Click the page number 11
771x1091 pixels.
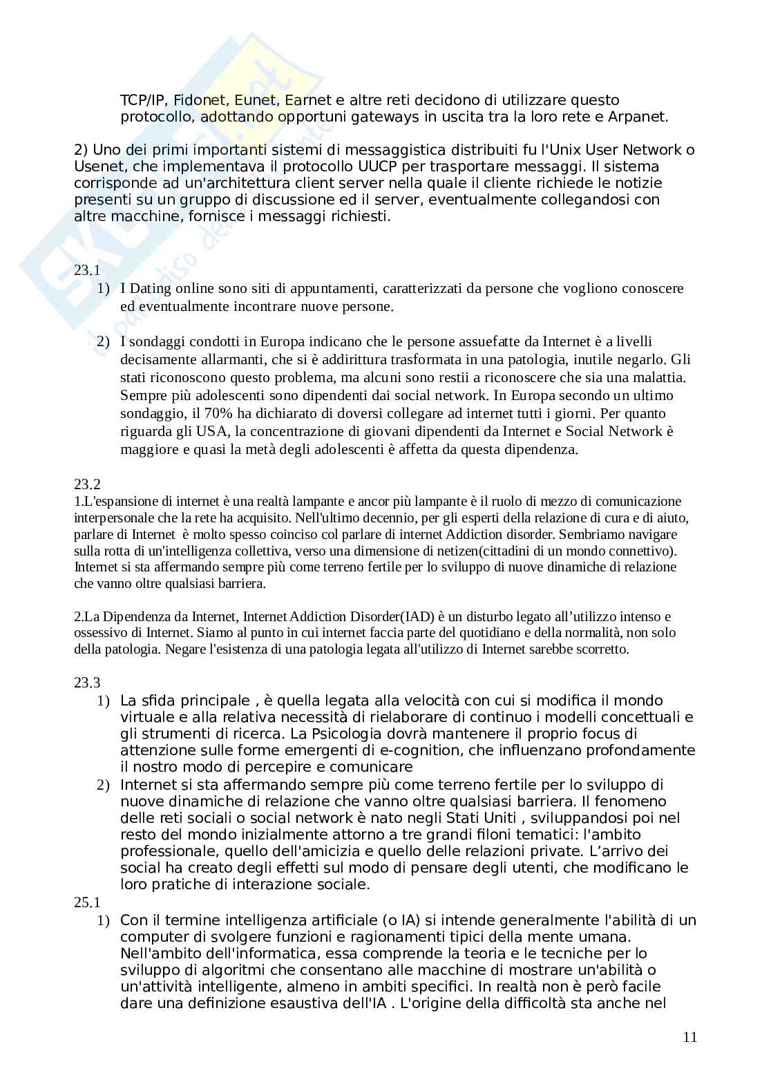(x=689, y=1037)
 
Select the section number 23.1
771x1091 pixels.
(x=87, y=271)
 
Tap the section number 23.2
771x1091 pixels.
(x=87, y=484)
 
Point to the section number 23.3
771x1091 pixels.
(x=87, y=683)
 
